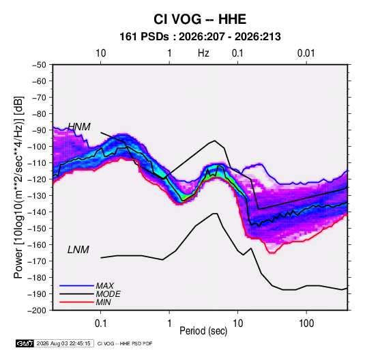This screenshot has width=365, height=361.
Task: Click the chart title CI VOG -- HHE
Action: click(200, 19)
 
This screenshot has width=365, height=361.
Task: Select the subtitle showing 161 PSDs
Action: click(200, 37)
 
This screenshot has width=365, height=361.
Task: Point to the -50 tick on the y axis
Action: click(39, 65)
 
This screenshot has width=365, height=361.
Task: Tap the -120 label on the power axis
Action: click(37, 179)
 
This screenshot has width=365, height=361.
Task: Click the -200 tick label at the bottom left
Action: click(37, 311)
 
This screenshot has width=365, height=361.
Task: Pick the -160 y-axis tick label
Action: click(37, 245)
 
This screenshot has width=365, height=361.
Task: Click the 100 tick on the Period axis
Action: click(306, 323)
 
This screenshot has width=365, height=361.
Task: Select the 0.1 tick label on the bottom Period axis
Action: click(100, 323)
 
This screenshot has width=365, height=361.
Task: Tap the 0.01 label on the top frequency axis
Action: click(306, 53)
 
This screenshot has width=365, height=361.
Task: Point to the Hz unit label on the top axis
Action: click(203, 53)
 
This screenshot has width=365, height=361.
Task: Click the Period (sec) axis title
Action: click(203, 331)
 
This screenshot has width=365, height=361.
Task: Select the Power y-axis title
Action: click(18, 187)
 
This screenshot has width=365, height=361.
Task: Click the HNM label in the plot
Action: click(79, 127)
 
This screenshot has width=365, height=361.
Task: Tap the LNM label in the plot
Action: click(78, 250)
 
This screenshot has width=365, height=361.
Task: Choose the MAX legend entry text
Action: click(105, 286)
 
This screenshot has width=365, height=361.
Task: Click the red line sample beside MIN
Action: click(76, 302)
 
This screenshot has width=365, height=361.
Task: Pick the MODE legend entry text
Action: click(108, 294)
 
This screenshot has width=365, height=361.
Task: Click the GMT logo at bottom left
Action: click(25, 343)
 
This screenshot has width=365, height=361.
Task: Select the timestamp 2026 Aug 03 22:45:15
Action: click(63, 343)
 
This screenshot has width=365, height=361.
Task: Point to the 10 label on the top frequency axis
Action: click(101, 53)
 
